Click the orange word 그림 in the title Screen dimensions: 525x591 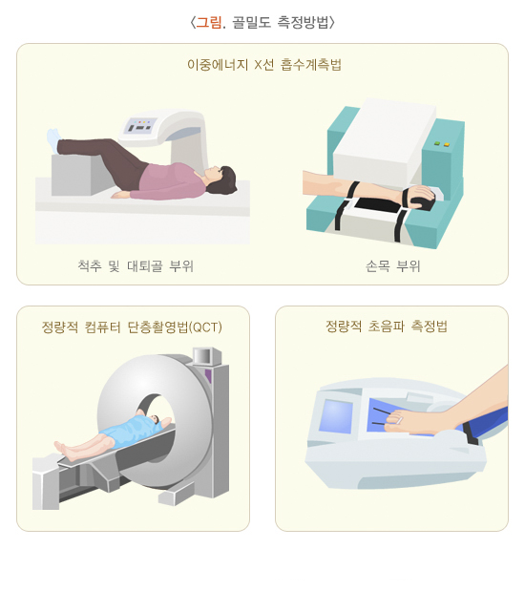tap(209, 22)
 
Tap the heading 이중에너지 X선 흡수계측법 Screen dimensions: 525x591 tap(264, 65)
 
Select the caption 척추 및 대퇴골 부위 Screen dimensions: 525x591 tap(136, 266)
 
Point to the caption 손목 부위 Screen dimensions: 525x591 tap(392, 266)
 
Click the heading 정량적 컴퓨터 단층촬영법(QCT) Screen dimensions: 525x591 tap(132, 327)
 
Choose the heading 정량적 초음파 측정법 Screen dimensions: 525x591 tap(387, 326)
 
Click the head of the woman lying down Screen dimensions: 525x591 tap(221, 179)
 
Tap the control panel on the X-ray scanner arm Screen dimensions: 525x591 tap(138, 125)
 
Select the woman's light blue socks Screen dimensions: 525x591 tap(53, 140)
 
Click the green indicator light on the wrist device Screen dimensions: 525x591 tap(437, 143)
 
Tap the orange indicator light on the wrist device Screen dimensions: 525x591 tap(447, 144)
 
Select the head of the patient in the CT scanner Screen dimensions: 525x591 tap(156, 419)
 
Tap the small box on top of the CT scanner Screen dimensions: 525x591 tap(207, 356)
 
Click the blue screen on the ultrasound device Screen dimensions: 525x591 tap(336, 416)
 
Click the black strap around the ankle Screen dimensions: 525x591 tap(471, 433)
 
